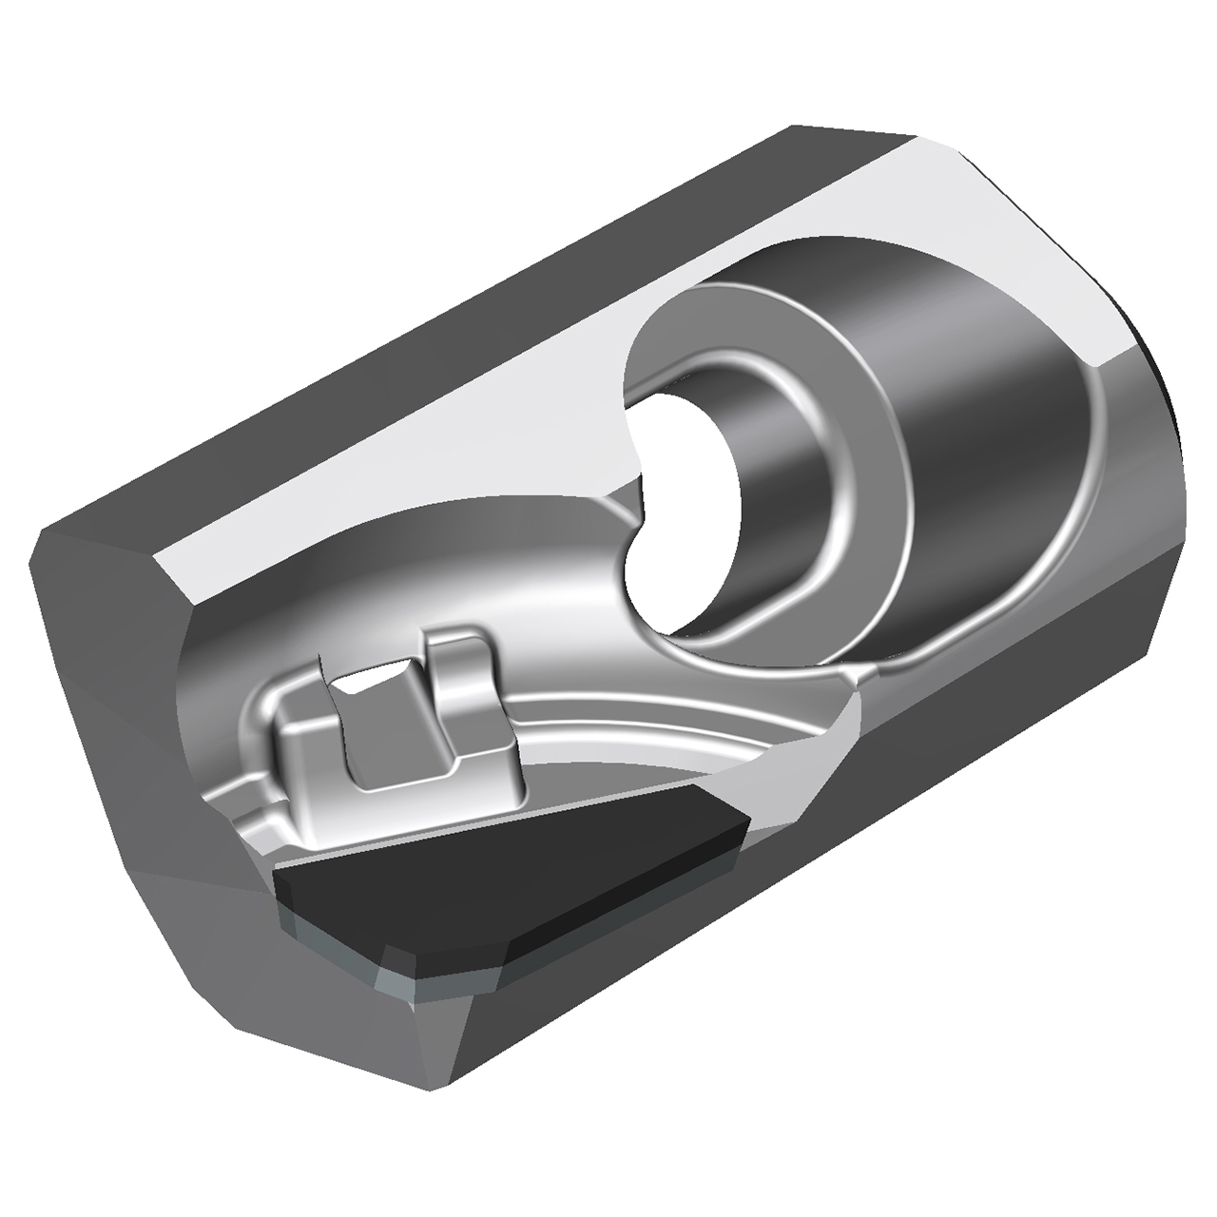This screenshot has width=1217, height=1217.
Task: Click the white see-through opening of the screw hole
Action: click(x=680, y=513)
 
